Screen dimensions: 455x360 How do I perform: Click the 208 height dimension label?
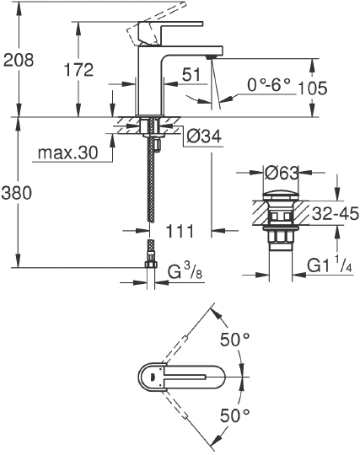coord(19,60)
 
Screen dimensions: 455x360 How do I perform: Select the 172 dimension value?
coord(78,70)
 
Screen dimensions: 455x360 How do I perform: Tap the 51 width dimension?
coord(191,75)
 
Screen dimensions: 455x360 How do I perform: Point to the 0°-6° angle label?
coord(269,84)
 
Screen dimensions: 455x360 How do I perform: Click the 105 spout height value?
coord(335,88)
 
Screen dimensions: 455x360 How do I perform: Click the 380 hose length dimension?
coord(19,193)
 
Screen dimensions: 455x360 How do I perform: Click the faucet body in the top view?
coord(181,377)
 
